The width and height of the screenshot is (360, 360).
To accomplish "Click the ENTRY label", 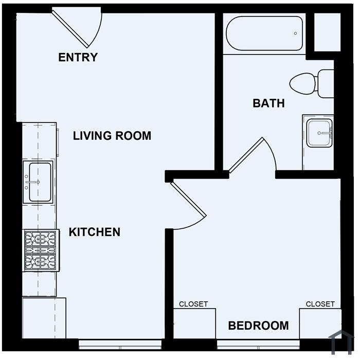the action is tap(78, 57).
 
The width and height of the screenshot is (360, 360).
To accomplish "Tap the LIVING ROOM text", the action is tap(112, 136).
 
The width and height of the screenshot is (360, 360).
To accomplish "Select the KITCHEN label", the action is tap(95, 232).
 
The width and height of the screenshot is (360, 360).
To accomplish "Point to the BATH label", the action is tap(268, 103).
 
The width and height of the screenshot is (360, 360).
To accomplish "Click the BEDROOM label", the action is tap(259, 326).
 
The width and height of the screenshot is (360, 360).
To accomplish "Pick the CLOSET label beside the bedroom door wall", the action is tap(193, 304).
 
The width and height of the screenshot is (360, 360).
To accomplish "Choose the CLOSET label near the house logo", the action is tap(320, 304).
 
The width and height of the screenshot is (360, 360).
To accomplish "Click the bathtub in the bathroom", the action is tap(264, 33).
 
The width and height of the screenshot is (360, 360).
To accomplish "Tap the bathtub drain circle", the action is tap(296, 33).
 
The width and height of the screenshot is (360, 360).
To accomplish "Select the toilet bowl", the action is tap(302, 83).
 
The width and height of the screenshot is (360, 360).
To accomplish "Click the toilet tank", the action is tap(326, 83).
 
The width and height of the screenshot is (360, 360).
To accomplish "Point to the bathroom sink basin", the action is tap(319, 133).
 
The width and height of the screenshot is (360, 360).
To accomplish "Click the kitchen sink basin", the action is tap(40, 182).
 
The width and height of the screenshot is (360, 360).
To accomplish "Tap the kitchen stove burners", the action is tap(41, 250).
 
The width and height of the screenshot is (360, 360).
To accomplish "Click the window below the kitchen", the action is tap(120, 345).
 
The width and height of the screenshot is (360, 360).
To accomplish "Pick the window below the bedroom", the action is tap(259, 345).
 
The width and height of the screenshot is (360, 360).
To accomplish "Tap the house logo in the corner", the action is tap(341, 342).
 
